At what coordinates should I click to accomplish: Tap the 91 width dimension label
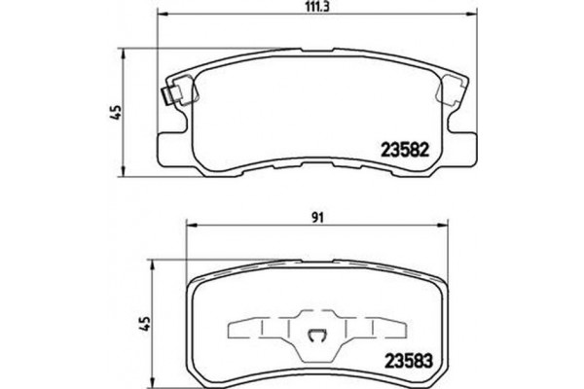coord(316,219)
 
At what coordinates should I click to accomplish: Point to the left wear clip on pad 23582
coord(172,97)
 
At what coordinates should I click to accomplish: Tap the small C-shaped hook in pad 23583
coord(315,337)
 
